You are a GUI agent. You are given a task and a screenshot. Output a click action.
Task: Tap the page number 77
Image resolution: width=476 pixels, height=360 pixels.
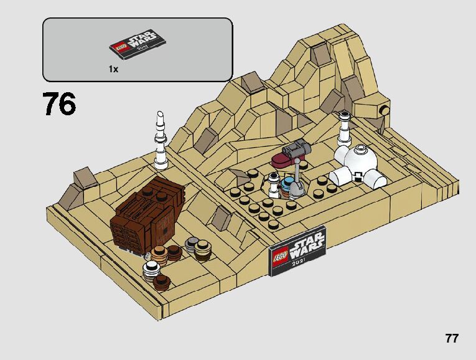(452, 339)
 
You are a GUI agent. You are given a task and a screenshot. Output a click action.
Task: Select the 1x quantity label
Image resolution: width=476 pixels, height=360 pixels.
(113, 70)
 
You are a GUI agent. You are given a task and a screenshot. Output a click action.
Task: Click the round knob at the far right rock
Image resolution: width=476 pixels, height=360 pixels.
(387, 112)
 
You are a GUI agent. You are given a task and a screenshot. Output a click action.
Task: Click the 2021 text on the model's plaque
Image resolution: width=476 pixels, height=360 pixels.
(303, 262)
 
